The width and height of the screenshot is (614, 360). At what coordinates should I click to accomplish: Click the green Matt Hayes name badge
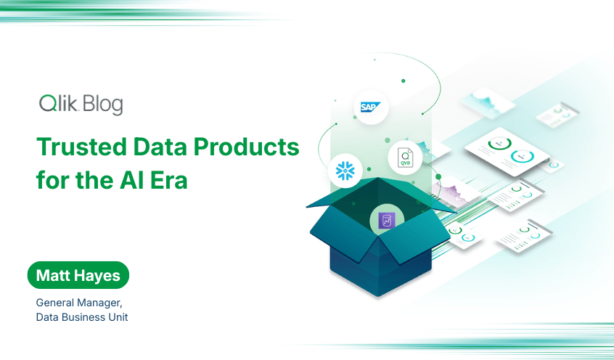78,277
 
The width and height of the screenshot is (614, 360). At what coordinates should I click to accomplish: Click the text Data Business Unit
81,317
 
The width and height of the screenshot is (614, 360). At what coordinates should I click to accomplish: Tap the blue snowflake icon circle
345,170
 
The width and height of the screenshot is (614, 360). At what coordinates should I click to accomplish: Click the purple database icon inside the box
385,220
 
